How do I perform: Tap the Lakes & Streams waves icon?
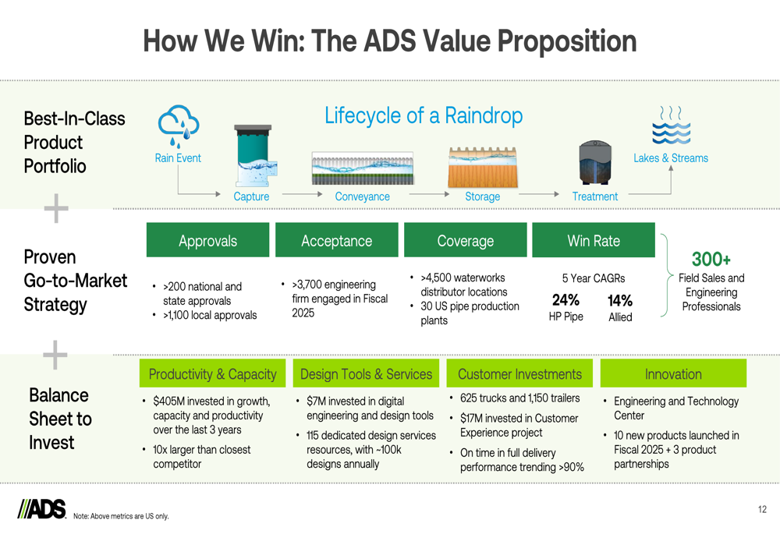[x=671, y=125]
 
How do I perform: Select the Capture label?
[x=251, y=196]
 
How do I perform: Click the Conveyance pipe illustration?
[x=363, y=168]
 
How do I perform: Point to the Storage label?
[x=483, y=196]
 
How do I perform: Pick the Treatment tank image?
[x=595, y=163]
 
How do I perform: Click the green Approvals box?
[x=208, y=240]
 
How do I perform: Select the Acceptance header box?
[x=337, y=240]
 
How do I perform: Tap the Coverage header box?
[x=466, y=240]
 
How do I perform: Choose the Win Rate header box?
[x=594, y=240]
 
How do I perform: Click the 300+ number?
[x=711, y=259]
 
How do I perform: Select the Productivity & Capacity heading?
[x=212, y=374]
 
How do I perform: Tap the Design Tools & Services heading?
[x=366, y=374]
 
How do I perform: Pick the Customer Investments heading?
[x=519, y=374]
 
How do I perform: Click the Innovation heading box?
[x=674, y=374]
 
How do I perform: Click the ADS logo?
[x=42, y=508]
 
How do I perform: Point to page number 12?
[x=762, y=509]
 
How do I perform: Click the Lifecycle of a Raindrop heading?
[x=424, y=115]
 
